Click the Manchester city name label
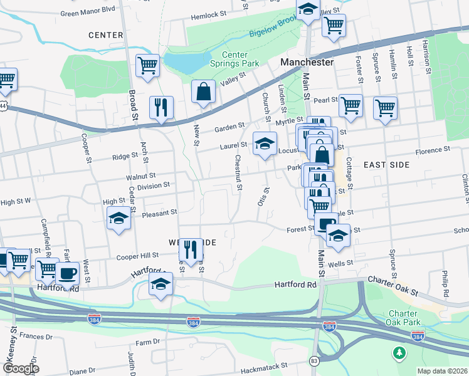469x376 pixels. click(307, 63)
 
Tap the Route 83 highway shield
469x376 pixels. click(314, 361)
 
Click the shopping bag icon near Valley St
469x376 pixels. click(203, 93)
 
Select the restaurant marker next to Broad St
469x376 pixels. click(161, 108)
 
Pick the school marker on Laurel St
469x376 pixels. click(265, 144)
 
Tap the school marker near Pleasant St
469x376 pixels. click(118, 219)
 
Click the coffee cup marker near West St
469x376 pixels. click(68, 273)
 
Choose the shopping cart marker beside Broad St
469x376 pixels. click(147, 66)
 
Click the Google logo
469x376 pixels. click(21, 368)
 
